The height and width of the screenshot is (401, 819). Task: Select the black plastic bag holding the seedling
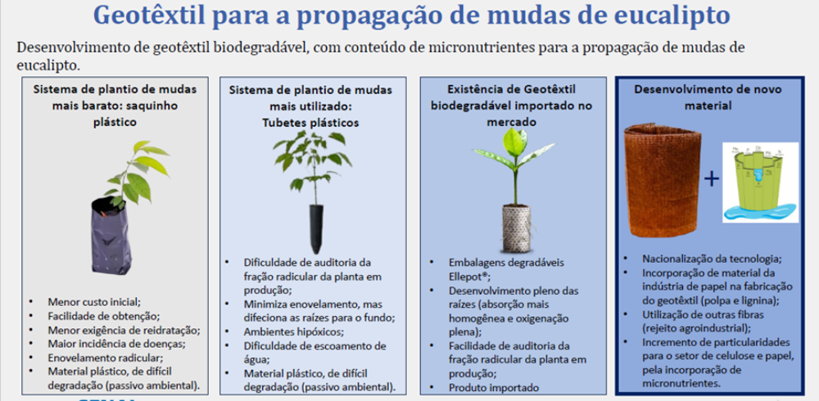pyautogui.click(x=111, y=235)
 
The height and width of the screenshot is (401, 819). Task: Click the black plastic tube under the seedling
pyautogui.click(x=315, y=228)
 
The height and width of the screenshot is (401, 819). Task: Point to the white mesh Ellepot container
pyautogui.click(x=516, y=228)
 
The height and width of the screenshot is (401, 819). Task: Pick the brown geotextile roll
pyautogui.click(x=663, y=179)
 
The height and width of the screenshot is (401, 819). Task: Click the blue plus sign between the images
pyautogui.click(x=712, y=179)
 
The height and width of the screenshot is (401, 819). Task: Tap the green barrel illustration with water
pyautogui.click(x=759, y=182)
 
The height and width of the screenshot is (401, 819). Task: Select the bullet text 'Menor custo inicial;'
pyautogui.click(x=94, y=301)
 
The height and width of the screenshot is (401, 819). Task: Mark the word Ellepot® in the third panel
pyautogui.click(x=468, y=276)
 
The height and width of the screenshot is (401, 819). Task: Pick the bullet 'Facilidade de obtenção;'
pyautogui.click(x=103, y=315)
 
